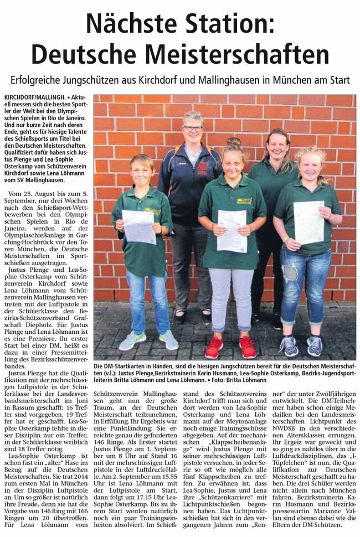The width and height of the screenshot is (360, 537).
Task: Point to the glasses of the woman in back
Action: [x=193, y=128]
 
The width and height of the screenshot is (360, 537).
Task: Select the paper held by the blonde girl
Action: [x=308, y=222]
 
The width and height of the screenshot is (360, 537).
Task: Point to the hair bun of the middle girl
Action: [x=233, y=143]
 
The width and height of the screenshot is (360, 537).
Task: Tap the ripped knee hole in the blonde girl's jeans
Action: [x=289, y=273]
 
